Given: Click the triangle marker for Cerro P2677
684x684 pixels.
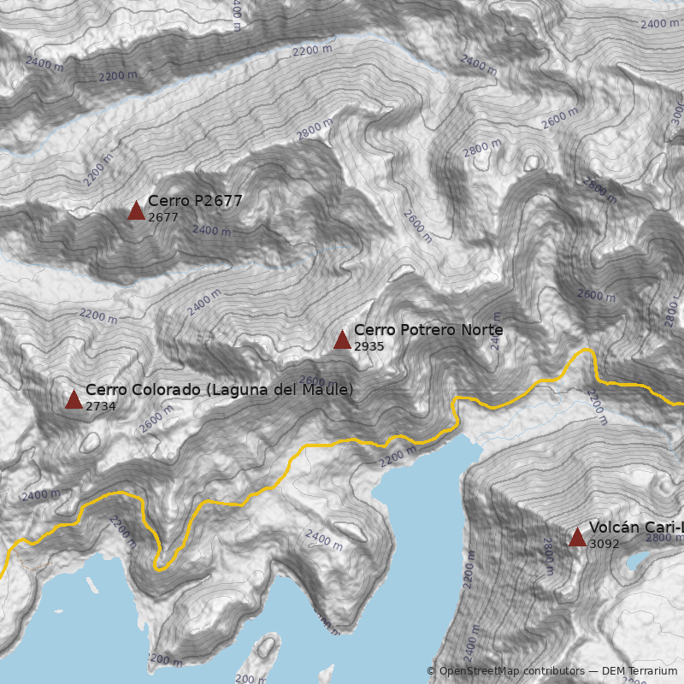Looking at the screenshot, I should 136,210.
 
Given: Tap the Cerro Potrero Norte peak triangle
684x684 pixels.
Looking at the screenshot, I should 342,339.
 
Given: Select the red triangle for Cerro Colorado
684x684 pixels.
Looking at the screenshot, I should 74,399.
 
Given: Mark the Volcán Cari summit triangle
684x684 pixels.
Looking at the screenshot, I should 577,537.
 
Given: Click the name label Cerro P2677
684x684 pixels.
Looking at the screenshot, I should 195,201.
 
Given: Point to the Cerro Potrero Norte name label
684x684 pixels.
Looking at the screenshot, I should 428,330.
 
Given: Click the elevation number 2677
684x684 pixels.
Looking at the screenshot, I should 162,218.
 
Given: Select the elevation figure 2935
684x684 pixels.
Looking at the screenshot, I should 369,347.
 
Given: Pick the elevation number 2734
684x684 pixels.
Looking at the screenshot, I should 100,407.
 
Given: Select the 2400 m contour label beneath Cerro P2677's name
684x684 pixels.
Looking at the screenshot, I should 211,230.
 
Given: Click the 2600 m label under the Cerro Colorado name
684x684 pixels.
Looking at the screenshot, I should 156,418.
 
